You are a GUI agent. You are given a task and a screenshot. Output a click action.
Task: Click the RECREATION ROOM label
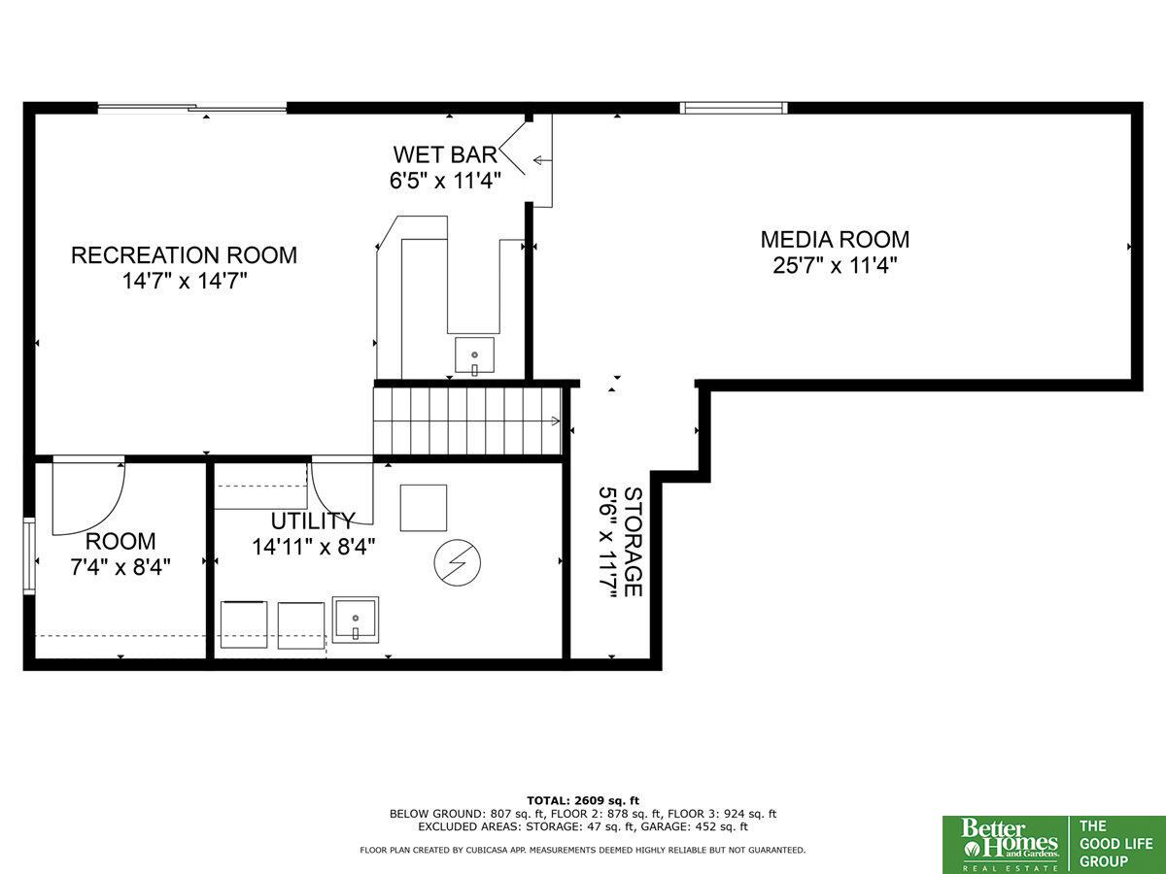[x=184, y=255]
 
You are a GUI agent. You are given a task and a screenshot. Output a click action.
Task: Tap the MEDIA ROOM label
[x=835, y=239]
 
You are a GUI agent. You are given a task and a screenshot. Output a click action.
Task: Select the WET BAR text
[x=445, y=154]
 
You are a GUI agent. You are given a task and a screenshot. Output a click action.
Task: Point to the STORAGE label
[x=633, y=542]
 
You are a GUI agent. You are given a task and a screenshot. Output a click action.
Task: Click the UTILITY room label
[x=312, y=521]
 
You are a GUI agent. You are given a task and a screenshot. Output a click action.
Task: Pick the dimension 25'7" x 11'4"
[x=835, y=265]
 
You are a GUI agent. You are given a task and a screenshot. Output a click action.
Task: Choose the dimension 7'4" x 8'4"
[x=120, y=567]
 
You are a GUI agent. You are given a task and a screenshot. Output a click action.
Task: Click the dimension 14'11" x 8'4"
[x=314, y=547]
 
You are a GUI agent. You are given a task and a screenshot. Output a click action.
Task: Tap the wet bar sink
[x=474, y=355]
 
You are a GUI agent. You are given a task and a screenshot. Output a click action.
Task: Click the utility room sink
[x=356, y=620]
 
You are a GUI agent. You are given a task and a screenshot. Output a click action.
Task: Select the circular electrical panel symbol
[x=458, y=563]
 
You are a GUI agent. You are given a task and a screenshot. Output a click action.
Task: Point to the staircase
[x=467, y=420]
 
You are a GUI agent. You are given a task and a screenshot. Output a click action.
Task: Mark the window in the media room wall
[x=734, y=108]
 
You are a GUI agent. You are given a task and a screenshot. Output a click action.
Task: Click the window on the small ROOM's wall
[x=29, y=556]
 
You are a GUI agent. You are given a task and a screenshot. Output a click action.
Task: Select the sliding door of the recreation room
[x=191, y=108]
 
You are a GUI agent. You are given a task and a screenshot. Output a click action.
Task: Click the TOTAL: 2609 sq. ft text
[x=583, y=800]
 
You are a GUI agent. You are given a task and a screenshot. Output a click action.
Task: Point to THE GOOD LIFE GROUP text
[x=1115, y=844]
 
